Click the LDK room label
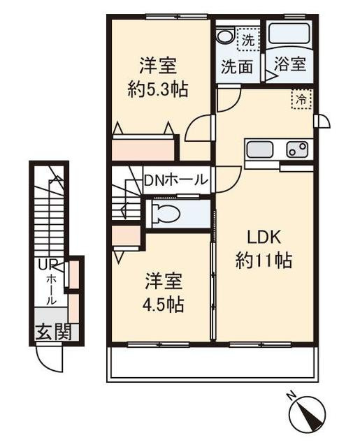click(x=264, y=237)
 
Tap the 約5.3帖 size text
click(x=158, y=89)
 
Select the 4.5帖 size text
click(x=163, y=305)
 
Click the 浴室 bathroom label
click(x=290, y=64)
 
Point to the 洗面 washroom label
click(x=238, y=67)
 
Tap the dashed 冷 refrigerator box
click(x=301, y=99)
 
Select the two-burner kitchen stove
click(x=298, y=149)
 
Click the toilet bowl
click(x=166, y=213)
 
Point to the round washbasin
click(x=225, y=36)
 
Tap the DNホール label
click(x=175, y=180)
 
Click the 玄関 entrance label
click(x=54, y=332)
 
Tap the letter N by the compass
click(x=291, y=397)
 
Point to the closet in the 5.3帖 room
click(x=143, y=149)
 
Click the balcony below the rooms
click(x=213, y=364)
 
